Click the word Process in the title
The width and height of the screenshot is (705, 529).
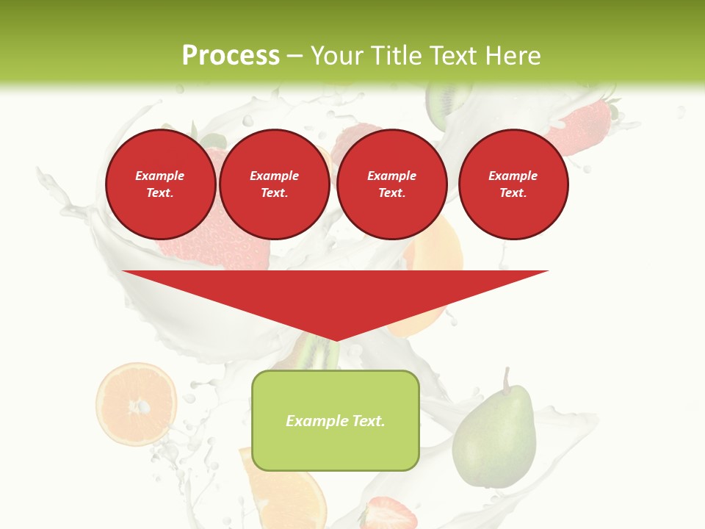[231, 56]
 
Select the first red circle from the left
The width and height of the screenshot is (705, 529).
[160, 184]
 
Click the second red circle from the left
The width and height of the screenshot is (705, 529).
[275, 184]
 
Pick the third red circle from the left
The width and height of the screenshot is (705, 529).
[392, 184]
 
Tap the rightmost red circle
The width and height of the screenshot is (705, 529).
[513, 184]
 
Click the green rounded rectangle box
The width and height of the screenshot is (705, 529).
[336, 420]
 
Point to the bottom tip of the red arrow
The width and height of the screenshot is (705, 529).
[336, 339]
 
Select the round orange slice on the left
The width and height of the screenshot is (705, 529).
[136, 403]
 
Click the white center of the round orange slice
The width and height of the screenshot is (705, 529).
[140, 406]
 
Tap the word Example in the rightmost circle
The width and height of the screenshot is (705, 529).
[513, 176]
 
